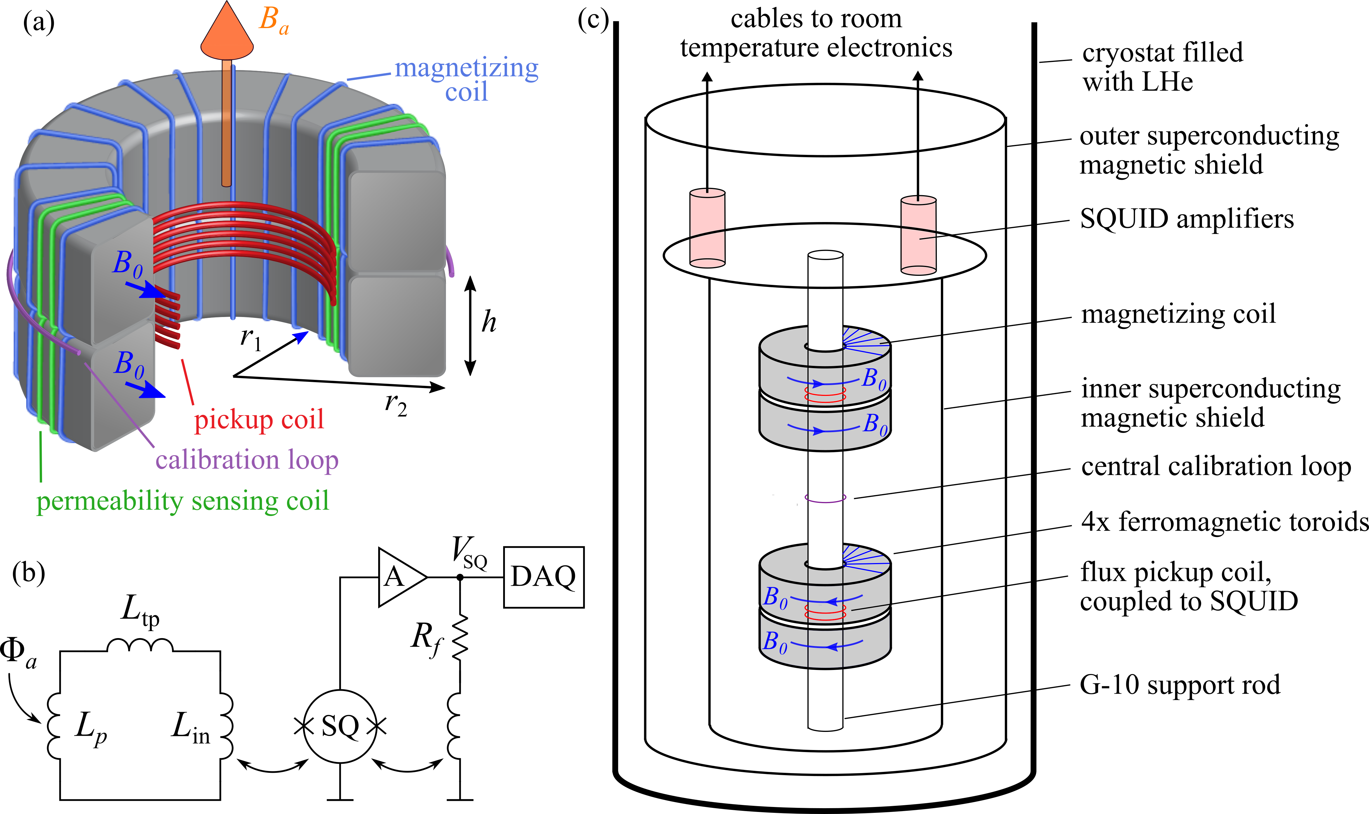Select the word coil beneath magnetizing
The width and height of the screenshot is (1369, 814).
click(x=466, y=92)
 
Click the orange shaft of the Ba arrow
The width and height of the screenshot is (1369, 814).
click(x=226, y=126)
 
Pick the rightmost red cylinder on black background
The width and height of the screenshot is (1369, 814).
click(x=918, y=235)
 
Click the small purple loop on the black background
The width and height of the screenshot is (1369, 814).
click(x=825, y=498)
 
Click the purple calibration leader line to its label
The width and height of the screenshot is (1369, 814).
click(x=118, y=400)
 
